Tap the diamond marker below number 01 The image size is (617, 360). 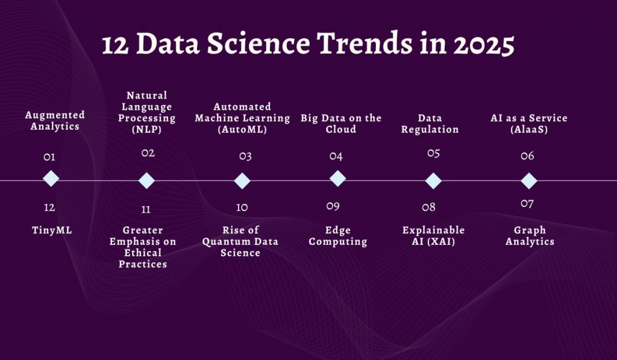pyautogui.click(x=51, y=178)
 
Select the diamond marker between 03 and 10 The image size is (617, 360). pyautogui.click(x=242, y=181)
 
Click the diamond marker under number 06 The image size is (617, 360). pyautogui.click(x=528, y=181)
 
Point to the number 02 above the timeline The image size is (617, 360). pyautogui.click(x=148, y=153)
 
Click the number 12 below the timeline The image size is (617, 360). pyautogui.click(x=49, y=207)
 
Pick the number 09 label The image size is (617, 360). pyautogui.click(x=333, y=206)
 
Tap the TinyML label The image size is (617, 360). pyautogui.click(x=52, y=230)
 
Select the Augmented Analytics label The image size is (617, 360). pyautogui.click(x=55, y=121)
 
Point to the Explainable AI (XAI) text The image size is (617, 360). pyautogui.click(x=433, y=236)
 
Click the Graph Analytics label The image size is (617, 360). pyautogui.click(x=530, y=236)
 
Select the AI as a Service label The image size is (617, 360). pyautogui.click(x=529, y=124)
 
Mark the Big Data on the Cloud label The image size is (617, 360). pyautogui.click(x=341, y=124)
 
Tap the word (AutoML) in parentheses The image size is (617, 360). pyautogui.click(x=242, y=129)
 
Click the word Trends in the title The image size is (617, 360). pyautogui.click(x=367, y=45)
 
